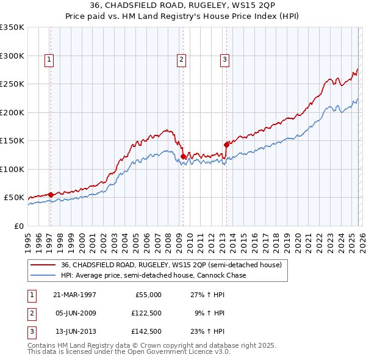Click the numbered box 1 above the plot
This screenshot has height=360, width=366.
pos(49,59)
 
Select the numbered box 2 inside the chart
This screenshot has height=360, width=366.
pos(182,59)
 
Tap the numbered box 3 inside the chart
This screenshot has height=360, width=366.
pos(224,59)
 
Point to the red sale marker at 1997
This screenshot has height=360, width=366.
pos(51,195)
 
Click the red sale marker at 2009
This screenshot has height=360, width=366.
pos(183,157)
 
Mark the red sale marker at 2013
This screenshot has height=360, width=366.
pos(226,145)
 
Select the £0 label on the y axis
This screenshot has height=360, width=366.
pos(18,226)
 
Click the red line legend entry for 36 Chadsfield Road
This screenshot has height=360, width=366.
pos(171,265)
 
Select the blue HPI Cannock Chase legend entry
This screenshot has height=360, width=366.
pos(153,275)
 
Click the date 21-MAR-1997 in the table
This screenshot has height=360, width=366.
pos(74,295)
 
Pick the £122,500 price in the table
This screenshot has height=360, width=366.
pos(146,313)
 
